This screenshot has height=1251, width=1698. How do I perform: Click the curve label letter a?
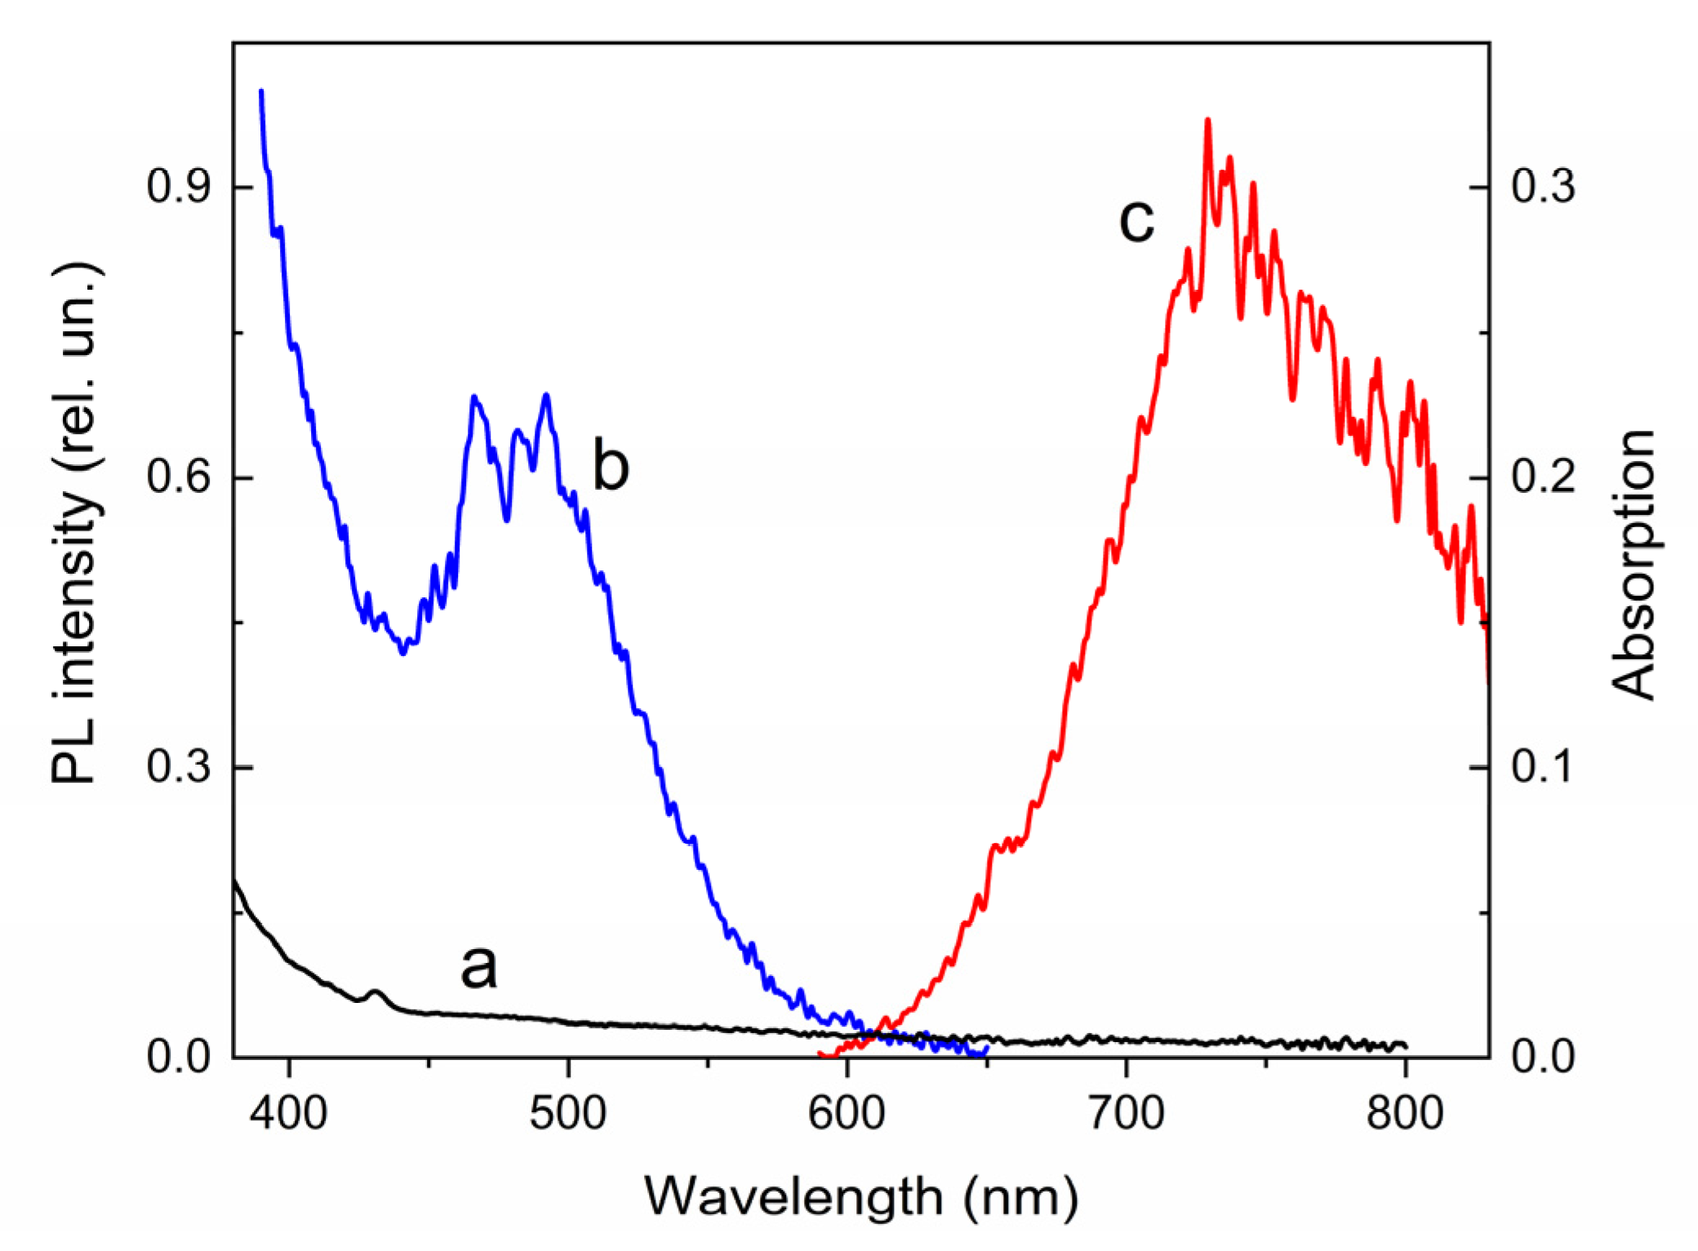coord(478,967)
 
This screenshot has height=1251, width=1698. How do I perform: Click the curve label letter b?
coord(611,465)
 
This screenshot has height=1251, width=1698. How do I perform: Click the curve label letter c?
coord(1136,220)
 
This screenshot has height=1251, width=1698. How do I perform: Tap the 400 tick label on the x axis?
coord(289,1112)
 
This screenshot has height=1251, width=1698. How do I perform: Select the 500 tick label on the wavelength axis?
coord(568,1112)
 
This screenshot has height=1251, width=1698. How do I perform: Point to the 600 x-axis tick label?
coord(847,1112)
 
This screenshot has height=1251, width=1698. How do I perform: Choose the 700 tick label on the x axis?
coord(1127,1112)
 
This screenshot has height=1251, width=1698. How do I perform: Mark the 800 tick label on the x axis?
coord(1406,1112)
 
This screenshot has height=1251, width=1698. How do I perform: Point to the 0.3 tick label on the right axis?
coord(1543,186)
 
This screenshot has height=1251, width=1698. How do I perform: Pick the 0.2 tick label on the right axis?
coord(1543,477)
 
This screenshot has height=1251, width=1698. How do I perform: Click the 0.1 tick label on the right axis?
coord(1543,767)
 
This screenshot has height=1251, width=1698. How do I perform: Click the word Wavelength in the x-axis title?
coord(793,1197)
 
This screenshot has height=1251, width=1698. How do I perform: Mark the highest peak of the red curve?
coord(1207,121)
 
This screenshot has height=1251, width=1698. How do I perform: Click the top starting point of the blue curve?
coord(261,91)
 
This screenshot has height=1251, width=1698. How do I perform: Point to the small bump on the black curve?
coord(376,992)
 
